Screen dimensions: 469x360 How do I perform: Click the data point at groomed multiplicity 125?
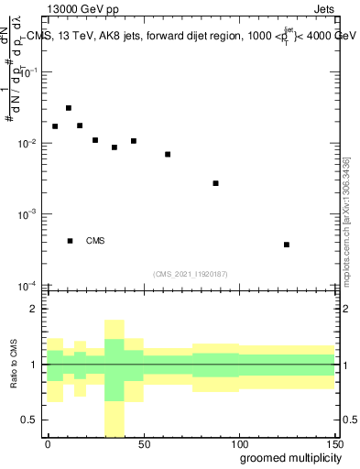287,245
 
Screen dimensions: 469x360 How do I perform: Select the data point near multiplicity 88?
215,183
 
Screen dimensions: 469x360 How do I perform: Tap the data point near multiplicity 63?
168,154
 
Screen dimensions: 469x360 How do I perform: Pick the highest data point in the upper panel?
69,108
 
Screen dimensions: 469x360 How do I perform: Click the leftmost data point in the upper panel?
55,126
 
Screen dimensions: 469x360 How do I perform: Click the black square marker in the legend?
71,241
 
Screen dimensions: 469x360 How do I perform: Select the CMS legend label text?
95,241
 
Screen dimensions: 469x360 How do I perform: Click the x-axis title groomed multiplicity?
288,458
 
